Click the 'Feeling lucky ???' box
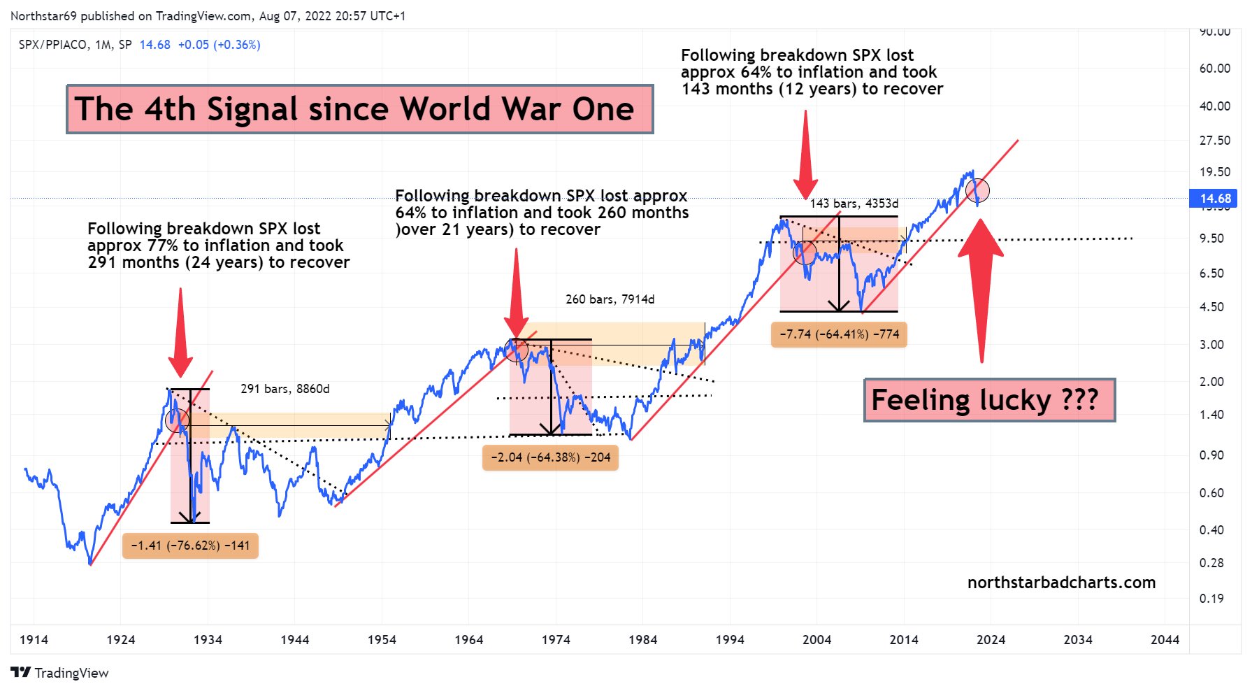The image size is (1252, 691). pyautogui.click(x=988, y=400)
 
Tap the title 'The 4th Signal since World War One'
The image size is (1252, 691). pyautogui.click(x=359, y=109)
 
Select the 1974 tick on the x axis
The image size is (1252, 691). pyautogui.click(x=556, y=639)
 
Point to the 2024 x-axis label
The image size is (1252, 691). pyautogui.click(x=991, y=639)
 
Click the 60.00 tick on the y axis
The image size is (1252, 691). pyautogui.click(x=1214, y=68)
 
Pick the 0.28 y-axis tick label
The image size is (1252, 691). pyautogui.click(x=1211, y=562)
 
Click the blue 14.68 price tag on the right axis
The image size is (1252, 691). pyautogui.click(x=1215, y=199)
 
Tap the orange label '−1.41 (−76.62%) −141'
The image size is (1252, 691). pyautogui.click(x=190, y=546)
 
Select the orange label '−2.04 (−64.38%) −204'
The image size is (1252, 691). pyautogui.click(x=550, y=457)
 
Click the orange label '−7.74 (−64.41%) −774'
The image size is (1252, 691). pyautogui.click(x=839, y=334)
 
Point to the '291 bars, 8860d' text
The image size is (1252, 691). pyautogui.click(x=285, y=389)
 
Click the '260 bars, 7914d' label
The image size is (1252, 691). pyautogui.click(x=610, y=299)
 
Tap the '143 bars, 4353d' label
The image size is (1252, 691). pyautogui.click(x=854, y=204)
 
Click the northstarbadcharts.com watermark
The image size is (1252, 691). pyautogui.click(x=1061, y=583)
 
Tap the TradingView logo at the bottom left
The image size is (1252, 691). pyautogui.click(x=60, y=673)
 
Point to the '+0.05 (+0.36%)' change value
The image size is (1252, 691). pyautogui.click(x=219, y=45)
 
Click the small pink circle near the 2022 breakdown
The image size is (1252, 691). pyautogui.click(x=977, y=190)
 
